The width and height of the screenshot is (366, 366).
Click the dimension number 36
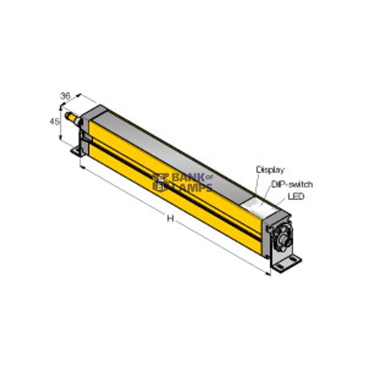pos(65,96)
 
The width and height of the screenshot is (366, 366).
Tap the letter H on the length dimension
pos(171,219)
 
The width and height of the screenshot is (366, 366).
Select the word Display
pos(270,170)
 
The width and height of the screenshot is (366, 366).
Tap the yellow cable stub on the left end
pos(72,117)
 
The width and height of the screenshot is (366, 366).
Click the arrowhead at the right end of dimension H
pos(268,273)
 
